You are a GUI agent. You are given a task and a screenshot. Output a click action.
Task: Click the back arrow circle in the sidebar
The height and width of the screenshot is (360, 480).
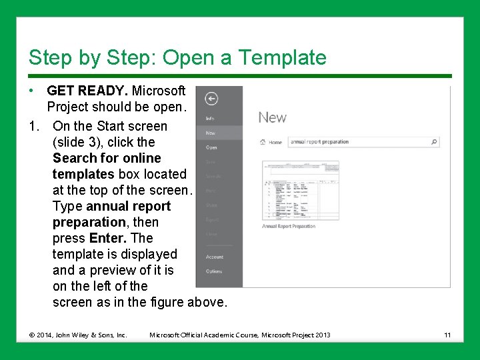click(x=211, y=99)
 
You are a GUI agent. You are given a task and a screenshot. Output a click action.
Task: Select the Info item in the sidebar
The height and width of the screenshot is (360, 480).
click(x=209, y=119)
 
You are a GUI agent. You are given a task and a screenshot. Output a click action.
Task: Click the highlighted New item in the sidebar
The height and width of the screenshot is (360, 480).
click(x=211, y=133)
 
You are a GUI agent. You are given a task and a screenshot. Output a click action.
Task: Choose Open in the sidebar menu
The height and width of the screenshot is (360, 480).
click(x=211, y=147)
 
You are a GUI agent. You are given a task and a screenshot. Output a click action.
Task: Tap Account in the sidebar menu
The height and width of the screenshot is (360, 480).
click(x=215, y=257)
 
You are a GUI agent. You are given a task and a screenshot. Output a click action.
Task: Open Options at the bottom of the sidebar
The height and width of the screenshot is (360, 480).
click(x=214, y=271)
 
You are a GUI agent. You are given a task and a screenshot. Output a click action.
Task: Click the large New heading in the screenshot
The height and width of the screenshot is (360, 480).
click(x=272, y=117)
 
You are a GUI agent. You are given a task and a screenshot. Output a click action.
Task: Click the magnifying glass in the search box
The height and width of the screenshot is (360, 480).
click(x=434, y=141)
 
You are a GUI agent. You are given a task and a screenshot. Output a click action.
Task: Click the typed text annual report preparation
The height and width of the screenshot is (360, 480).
click(x=319, y=141)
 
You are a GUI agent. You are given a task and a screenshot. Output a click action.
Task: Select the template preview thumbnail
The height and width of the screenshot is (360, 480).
click(x=300, y=190)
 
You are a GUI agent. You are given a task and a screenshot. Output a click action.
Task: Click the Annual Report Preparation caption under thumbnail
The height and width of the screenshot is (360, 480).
click(x=289, y=226)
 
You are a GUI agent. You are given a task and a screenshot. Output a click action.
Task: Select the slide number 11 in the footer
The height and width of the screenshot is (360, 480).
click(x=447, y=335)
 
